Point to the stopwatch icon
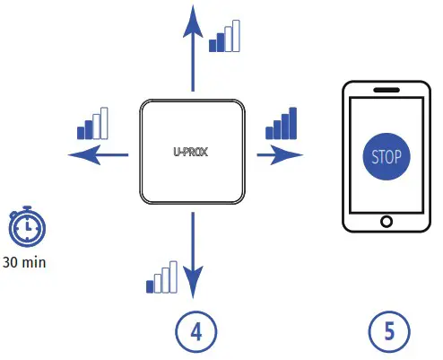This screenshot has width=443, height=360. pos(24,228)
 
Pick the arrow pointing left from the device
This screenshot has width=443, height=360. pos(99,154)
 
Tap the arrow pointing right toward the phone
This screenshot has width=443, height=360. pos(278,154)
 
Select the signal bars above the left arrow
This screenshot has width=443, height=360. pos(92,124)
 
